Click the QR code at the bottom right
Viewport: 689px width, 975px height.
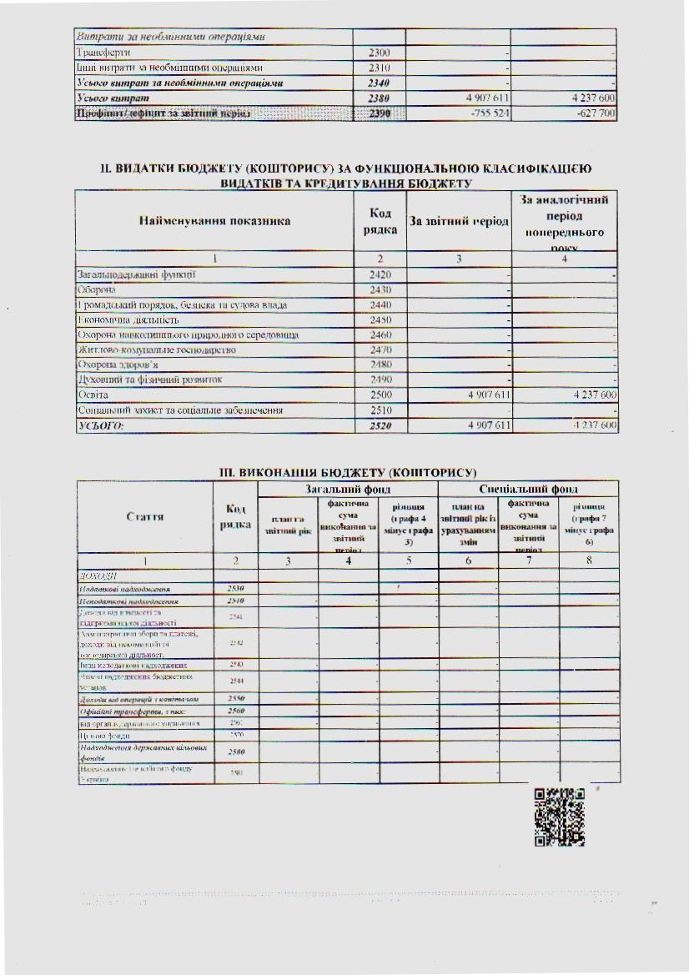pos(559,818)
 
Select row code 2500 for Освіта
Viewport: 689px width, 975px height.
pos(380,395)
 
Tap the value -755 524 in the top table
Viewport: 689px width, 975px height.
pos(484,113)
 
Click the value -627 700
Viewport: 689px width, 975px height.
pos(591,113)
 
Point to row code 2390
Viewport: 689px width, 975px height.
pos(380,113)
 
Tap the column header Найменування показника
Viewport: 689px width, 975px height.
pos(214,221)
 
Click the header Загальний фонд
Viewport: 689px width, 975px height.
pos(348,489)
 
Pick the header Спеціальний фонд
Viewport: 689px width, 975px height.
pos(528,489)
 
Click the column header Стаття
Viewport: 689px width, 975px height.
pos(144,516)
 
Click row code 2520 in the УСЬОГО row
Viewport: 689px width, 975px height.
pos(380,425)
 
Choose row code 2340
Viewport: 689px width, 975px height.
pos(380,83)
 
